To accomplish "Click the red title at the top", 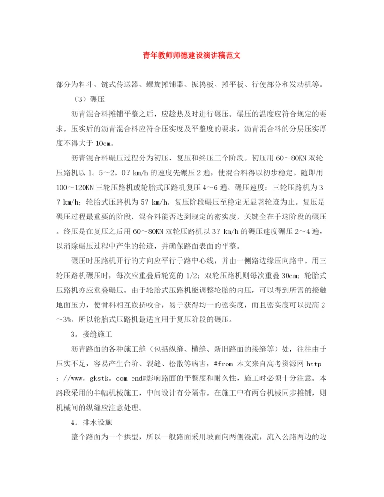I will coord(192,55).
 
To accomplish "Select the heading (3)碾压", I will coord(87,99).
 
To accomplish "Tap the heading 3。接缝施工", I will coord(91,334).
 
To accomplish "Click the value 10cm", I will coord(105,143).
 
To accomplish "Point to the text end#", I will coord(143,378).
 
